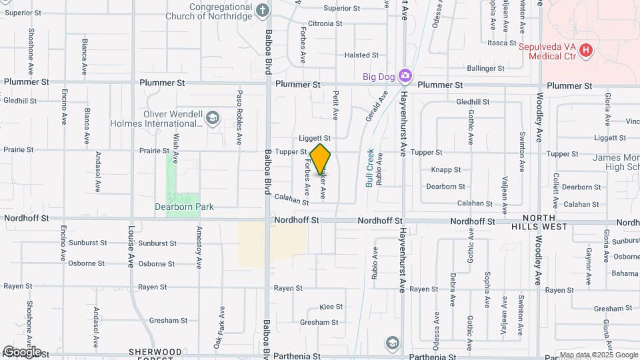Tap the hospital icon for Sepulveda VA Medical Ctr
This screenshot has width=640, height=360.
585,49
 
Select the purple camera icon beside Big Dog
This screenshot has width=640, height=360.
405,76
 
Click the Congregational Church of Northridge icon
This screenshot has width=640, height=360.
263,10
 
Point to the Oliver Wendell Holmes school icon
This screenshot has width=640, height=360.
212,118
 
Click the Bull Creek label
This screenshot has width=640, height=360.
371,167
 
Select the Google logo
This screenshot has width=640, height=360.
21,351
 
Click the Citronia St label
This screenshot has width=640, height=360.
325,23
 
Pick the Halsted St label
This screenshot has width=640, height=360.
361,55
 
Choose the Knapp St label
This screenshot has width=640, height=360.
441,170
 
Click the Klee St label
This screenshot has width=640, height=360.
331,307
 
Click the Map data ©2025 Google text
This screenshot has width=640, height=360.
599,355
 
